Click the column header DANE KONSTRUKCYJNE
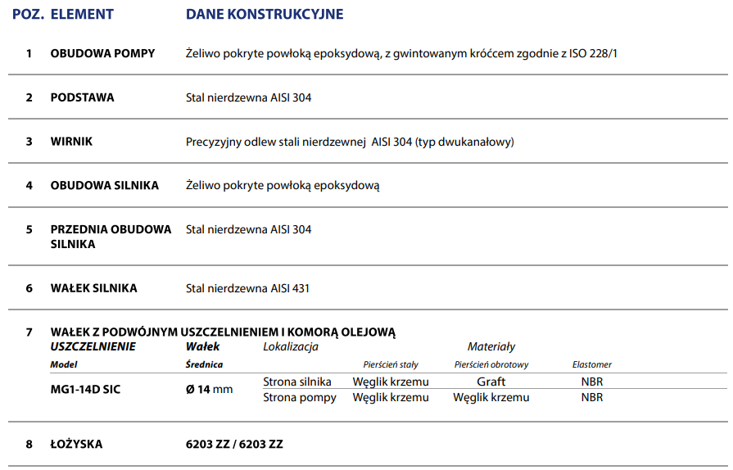coord(265,15)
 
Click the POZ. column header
coord(27,15)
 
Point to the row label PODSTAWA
coord(83,97)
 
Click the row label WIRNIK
coord(72,142)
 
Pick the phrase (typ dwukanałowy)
coord(464,142)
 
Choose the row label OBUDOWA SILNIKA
coord(105,185)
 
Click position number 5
coord(29,229)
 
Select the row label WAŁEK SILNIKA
coord(94,288)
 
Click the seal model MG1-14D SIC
coord(85,389)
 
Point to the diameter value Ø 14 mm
coord(210,389)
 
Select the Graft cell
coord(491,382)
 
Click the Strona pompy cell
coord(300,397)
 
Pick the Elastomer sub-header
coord(591,364)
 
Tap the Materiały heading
coord(491,347)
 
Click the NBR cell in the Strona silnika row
coord(591,382)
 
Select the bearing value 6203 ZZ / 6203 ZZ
coord(234,444)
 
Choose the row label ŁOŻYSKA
coord(76,444)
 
